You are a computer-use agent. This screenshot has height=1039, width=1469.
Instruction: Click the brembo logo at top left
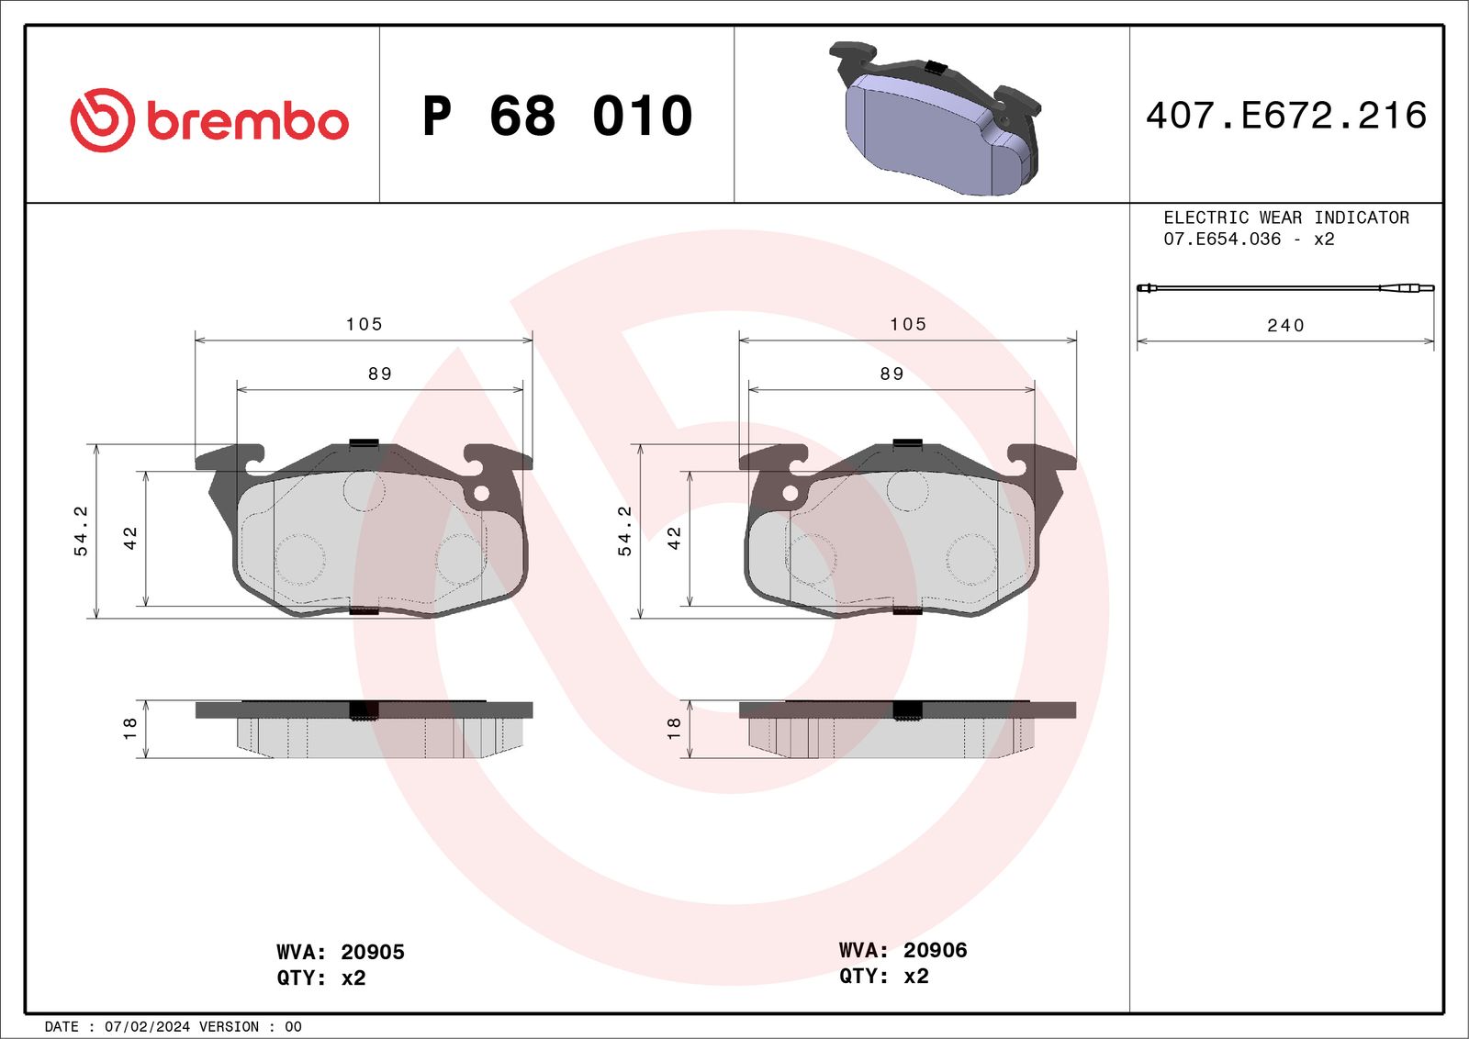coord(209,120)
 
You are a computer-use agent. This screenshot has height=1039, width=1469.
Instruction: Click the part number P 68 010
coord(557,117)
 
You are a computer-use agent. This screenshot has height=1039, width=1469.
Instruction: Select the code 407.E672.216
coord(1285,116)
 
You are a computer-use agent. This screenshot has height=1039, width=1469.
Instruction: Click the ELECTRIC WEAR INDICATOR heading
coord(1285,218)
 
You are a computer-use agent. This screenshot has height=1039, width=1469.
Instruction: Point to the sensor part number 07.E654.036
coord(1222,240)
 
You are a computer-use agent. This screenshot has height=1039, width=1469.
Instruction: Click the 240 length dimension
coord(1285,326)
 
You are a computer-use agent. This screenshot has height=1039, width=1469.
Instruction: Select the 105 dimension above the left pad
coord(364,324)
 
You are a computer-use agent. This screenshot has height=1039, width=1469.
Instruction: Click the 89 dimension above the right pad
coord(891,374)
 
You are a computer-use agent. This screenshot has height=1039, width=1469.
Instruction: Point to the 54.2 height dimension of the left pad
coord(81,531)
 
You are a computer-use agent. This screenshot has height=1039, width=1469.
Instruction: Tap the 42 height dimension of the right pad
coord(674,538)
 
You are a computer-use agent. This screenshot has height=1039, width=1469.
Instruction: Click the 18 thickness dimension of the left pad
coord(129,729)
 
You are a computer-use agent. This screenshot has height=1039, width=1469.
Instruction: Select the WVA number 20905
coord(372,952)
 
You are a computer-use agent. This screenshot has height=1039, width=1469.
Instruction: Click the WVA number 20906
coord(935,950)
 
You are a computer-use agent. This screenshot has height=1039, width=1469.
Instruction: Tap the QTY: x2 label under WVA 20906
coord(883,977)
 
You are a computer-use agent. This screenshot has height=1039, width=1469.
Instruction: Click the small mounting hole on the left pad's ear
coord(480,494)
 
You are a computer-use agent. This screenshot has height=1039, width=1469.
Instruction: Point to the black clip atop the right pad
coord(907,443)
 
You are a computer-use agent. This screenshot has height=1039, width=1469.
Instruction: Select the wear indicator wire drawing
coord(1285,288)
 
